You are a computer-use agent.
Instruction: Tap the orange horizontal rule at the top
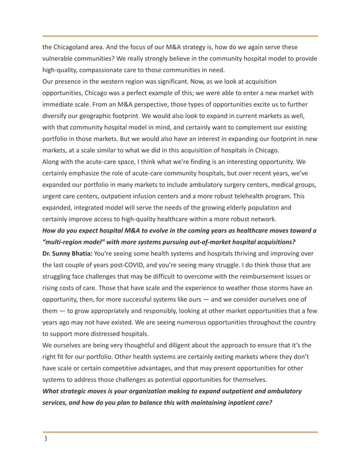(x=180, y=36)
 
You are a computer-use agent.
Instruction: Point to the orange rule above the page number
(x=180, y=432)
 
